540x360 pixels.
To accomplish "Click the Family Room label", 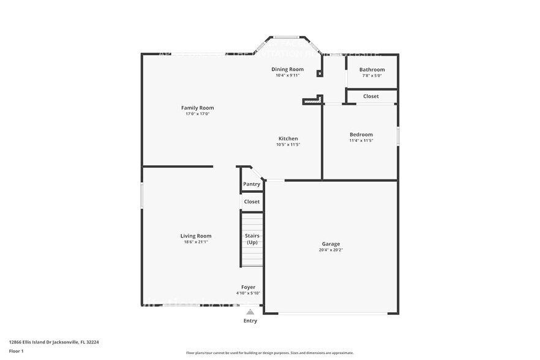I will point(197,108).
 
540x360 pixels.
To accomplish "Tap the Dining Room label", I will point(287,69).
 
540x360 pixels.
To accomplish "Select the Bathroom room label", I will point(372,70).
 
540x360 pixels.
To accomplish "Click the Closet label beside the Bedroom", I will point(371,96).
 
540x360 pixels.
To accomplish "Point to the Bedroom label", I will point(361,135).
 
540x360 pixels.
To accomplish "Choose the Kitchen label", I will point(287,139).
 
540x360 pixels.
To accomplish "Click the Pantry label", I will point(252,184).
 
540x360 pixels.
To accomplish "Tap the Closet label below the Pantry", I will point(252,201).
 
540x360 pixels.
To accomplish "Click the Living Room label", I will point(196,236).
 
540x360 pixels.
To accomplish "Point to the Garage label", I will point(331,244).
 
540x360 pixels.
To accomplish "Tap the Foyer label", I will point(248,287).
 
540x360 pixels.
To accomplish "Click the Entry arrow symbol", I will point(250,311).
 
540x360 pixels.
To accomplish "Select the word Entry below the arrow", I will point(250,321).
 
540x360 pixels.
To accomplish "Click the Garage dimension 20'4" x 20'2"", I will point(331,250).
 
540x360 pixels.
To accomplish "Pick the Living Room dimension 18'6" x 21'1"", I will point(196,242).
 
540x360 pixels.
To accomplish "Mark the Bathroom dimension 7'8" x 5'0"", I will point(372,76).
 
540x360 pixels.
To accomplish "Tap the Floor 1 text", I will point(16,351).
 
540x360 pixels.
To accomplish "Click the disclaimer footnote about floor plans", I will point(269,353).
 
